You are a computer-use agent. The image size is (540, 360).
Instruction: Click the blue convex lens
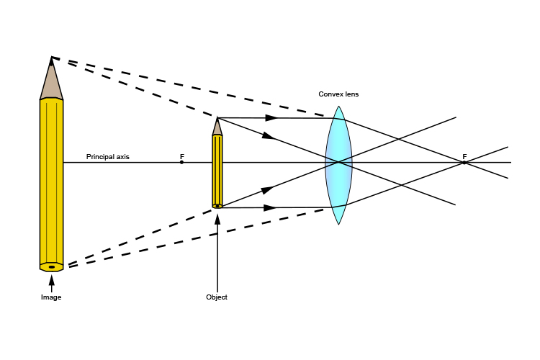pos(338,166)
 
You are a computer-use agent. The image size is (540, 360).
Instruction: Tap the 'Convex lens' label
pos(338,94)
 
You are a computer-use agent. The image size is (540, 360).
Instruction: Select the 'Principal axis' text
pos(108,156)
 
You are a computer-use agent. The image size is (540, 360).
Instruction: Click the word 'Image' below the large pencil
pos(51,297)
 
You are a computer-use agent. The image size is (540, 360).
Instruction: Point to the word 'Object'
pos(217,297)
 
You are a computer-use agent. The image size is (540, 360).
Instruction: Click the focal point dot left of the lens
pos(181,162)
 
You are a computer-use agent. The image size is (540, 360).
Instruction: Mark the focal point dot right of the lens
pos(464,163)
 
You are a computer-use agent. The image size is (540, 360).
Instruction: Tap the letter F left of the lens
pos(182,156)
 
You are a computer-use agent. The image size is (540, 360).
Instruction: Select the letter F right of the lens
pos(464,156)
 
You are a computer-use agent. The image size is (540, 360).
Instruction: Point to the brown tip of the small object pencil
pos(217,127)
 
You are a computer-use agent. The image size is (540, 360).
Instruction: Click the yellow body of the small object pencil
pos(217,170)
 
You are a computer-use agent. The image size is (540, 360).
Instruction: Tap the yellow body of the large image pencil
pos(51,180)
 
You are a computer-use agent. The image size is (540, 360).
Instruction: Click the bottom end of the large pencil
pos(51,266)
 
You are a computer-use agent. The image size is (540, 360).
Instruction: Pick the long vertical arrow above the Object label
pos(217,252)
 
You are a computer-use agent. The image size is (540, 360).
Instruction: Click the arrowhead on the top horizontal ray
pos(271,117)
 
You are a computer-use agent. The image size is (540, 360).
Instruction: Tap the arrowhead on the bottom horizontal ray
pos(271,207)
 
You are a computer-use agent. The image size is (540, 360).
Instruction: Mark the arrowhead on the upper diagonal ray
pos(268,135)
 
